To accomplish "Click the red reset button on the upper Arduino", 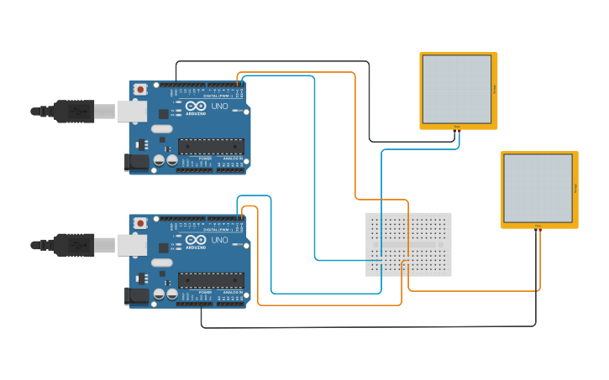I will coord(139,89).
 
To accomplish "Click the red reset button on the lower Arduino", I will coord(139,222).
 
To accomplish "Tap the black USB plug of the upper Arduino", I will coord(74,111).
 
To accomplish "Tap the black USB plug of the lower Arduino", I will coord(74,244).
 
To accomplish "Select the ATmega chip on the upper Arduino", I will coord(211,146).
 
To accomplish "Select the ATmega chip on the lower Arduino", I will coord(211,279).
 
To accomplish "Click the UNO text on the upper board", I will coord(218,107).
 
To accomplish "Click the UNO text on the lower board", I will coord(218,240).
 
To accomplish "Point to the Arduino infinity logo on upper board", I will coord(196,106).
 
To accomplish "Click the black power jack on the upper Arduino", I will coord(137,163).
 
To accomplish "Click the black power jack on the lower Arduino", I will coord(137,296).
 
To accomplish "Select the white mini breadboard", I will coord(408,244).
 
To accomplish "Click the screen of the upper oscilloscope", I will coord(456,89).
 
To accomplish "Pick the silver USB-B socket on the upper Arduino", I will coord(131,111).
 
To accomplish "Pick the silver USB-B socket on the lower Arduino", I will coord(131,244).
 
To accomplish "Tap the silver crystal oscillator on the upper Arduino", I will coord(161,129).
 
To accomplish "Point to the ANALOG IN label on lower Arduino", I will coord(233,291).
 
